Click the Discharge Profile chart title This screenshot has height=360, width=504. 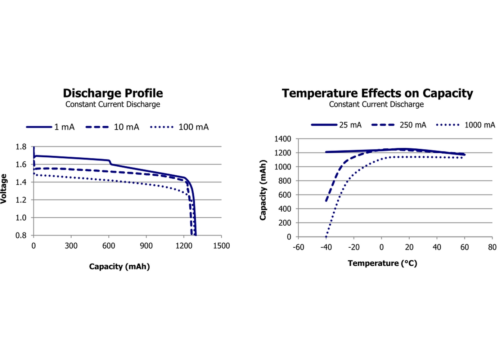tap(113, 93)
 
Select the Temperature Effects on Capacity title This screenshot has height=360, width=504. tap(377, 93)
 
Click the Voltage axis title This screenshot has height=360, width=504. tap(4, 189)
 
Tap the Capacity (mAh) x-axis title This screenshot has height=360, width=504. tap(119, 266)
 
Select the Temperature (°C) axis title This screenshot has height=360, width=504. tap(382, 263)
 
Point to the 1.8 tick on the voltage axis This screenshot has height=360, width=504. tap(21, 147)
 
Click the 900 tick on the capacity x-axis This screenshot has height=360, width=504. tap(146, 246)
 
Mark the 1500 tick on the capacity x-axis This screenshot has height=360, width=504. tap(221, 246)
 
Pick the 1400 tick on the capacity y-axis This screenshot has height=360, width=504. tap(283, 139)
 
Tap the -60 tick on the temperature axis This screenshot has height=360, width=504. tap(298, 247)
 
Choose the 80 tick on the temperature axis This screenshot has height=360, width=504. tap(492, 247)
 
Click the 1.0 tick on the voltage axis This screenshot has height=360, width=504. tap(21, 217)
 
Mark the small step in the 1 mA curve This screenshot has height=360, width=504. tap(110, 162)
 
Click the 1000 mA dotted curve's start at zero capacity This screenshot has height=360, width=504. tap(326, 237)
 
